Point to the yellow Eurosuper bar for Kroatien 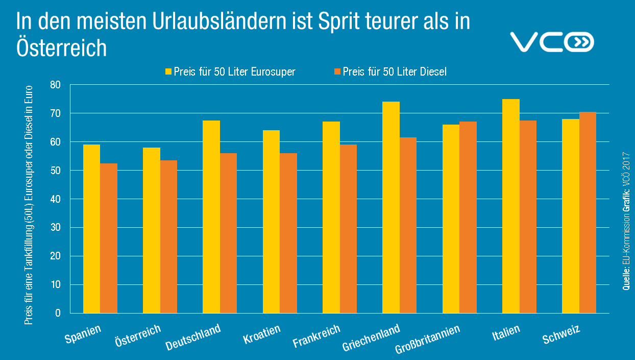(271, 222)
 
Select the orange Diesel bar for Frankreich (348, 229)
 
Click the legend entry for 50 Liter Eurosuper (230, 71)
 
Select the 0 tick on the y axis (58, 313)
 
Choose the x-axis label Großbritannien (428, 339)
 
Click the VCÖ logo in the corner (552, 42)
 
